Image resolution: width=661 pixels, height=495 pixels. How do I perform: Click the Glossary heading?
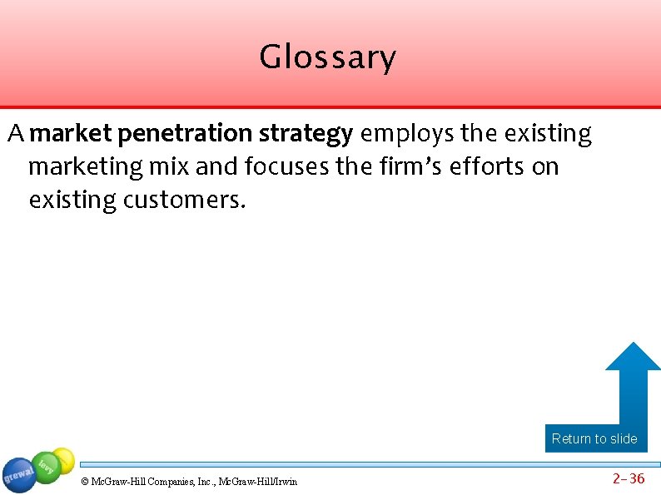[x=327, y=57]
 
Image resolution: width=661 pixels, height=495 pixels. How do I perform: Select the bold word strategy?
[x=306, y=134]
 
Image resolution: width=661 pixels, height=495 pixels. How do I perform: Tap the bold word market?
[x=75, y=133]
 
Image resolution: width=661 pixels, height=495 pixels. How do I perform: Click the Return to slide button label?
[x=594, y=438]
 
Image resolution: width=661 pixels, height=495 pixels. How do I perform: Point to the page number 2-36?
[x=629, y=478]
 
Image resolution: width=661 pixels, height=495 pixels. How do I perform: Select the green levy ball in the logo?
[x=47, y=467]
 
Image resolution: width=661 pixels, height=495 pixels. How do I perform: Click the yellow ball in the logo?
[x=63, y=458]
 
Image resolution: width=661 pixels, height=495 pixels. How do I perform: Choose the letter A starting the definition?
[x=16, y=133]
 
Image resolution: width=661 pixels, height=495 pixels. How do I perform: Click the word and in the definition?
[x=217, y=167]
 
